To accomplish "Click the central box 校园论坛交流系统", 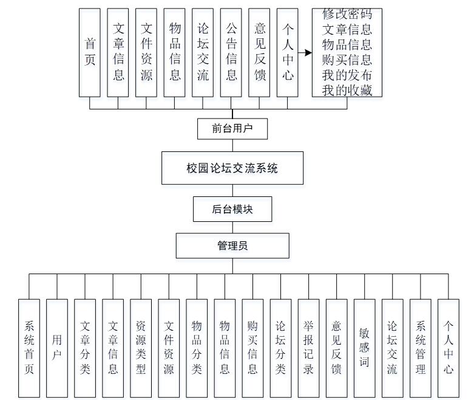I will click(x=232, y=168).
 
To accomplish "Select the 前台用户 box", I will click(x=232, y=128).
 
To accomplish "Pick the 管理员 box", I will click(x=232, y=246).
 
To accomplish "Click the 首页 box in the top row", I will click(x=90, y=52).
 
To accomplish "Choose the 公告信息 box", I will click(x=231, y=52).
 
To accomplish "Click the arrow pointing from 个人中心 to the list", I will click(x=305, y=52).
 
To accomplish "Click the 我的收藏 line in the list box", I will click(x=347, y=91).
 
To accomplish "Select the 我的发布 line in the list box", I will click(x=347, y=75).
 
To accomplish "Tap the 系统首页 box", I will click(x=29, y=348).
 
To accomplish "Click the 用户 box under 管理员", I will click(x=57, y=348).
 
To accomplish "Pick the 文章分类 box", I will click(x=85, y=348).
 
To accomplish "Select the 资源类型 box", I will click(x=141, y=348).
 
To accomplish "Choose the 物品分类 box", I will click(x=197, y=348).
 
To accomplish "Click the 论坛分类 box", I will click(x=280, y=348).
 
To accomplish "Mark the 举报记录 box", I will click(x=308, y=348).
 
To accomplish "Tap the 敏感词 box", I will click(x=364, y=348).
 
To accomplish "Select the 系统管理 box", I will click(x=420, y=348).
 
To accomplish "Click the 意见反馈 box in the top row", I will click(x=259, y=52).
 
